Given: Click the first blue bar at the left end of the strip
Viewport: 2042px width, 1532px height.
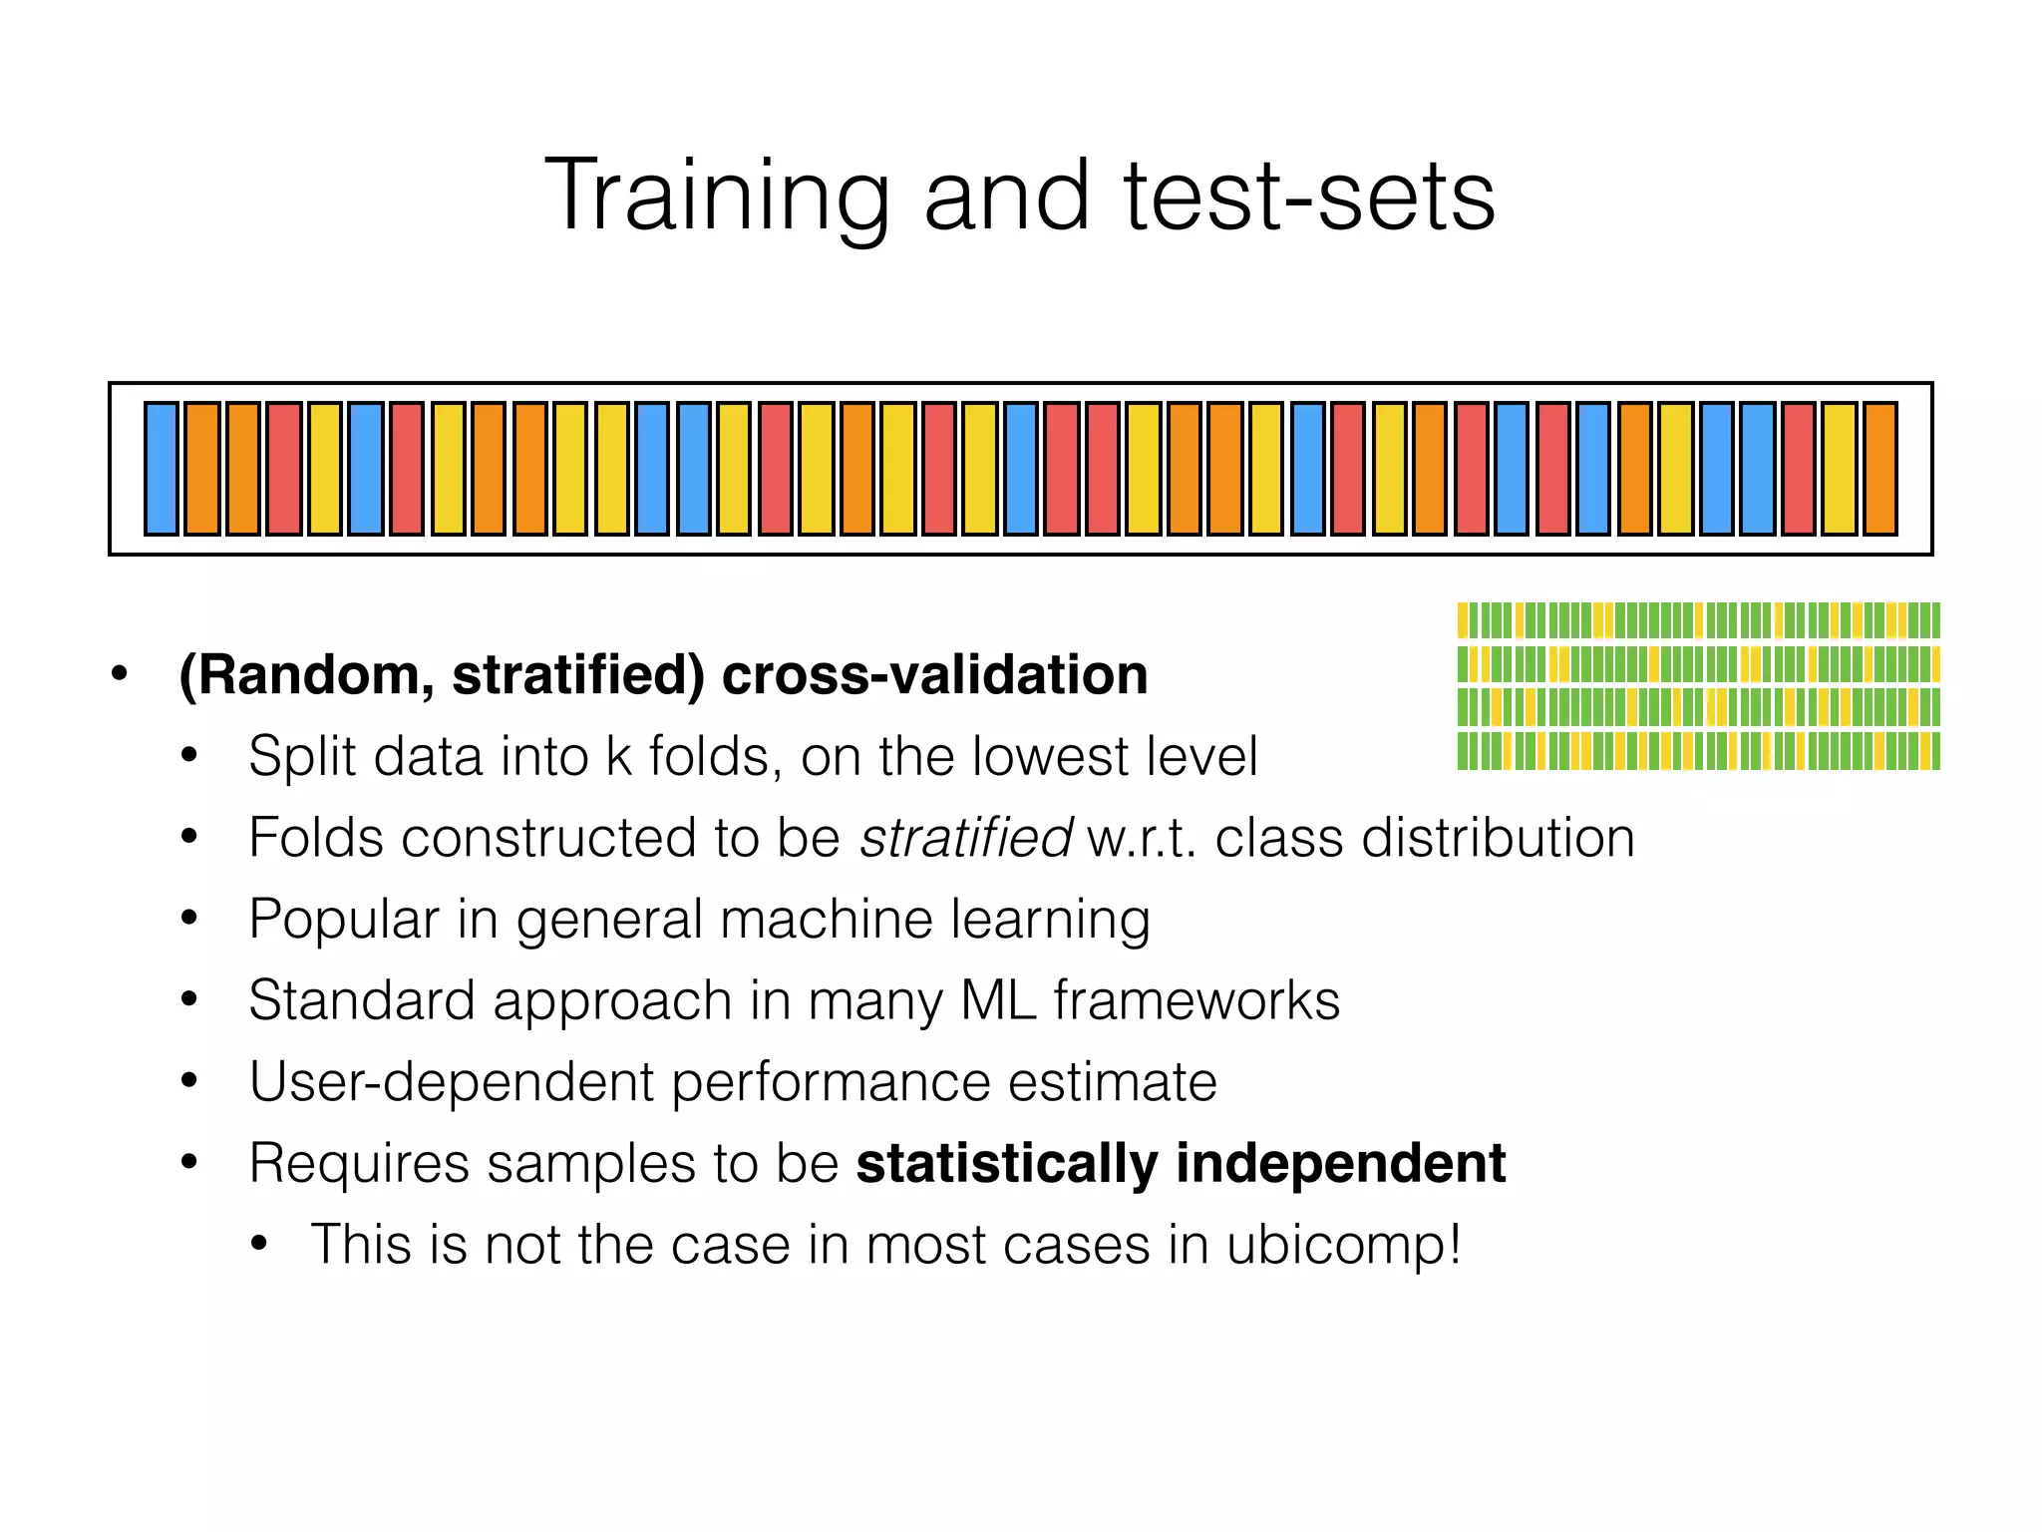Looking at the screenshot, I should [x=162, y=469].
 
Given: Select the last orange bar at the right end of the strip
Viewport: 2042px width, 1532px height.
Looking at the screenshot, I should [x=1879, y=469].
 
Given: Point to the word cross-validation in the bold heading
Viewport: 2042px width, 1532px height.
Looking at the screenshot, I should [x=934, y=674].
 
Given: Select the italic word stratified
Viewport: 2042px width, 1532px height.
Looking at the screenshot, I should [x=965, y=837].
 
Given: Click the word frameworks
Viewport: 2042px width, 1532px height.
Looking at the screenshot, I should [x=1196, y=1000].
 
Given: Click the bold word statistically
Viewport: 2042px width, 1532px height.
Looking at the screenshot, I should [x=1006, y=1164].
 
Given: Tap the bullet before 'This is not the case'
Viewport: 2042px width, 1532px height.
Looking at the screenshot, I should [x=260, y=1244].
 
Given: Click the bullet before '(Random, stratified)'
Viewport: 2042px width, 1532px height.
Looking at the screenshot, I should [x=120, y=673].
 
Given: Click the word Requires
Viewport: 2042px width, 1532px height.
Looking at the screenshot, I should [x=358, y=1164].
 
